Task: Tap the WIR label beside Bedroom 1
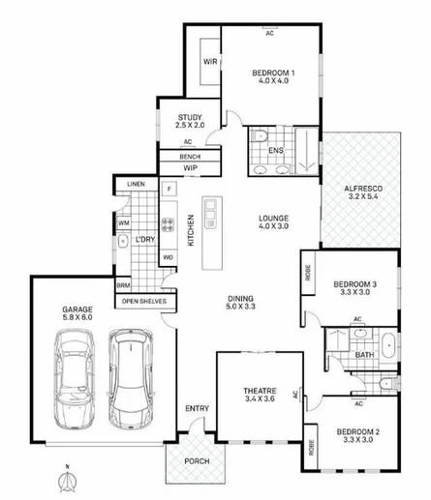tap(209, 62)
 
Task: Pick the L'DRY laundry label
tap(145, 239)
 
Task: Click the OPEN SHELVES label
tap(144, 301)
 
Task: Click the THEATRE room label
tap(259, 390)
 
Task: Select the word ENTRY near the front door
tap(196, 409)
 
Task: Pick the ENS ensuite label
tap(276, 151)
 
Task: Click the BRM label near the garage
tap(123, 286)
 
